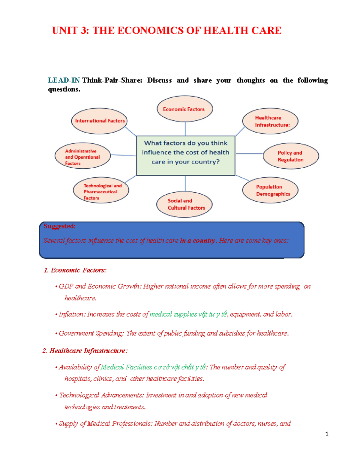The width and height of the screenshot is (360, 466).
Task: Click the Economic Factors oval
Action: tap(184, 109)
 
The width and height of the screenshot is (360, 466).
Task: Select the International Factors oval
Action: tap(99, 121)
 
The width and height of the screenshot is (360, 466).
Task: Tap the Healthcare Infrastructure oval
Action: tap(270, 121)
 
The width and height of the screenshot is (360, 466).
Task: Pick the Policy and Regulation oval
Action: tap(291, 156)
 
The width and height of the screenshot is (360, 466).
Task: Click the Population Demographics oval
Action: tap(270, 190)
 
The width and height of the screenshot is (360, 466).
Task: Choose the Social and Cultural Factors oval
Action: tap(184, 204)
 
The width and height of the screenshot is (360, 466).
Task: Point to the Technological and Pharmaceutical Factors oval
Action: tap(101, 190)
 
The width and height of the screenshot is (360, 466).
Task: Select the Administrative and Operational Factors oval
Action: tap(82, 156)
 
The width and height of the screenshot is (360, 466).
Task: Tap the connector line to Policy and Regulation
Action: tap(249, 154)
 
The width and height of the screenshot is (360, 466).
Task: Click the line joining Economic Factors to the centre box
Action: tap(185, 129)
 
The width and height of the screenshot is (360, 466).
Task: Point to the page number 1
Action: tap(327, 434)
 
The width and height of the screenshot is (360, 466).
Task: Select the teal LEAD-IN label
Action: tap(64, 80)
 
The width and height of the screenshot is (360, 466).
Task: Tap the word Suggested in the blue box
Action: tap(59, 226)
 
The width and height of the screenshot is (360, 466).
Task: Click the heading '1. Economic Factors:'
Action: tap(75, 270)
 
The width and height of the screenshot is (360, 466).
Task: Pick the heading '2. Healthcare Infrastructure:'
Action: tap(85, 351)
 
